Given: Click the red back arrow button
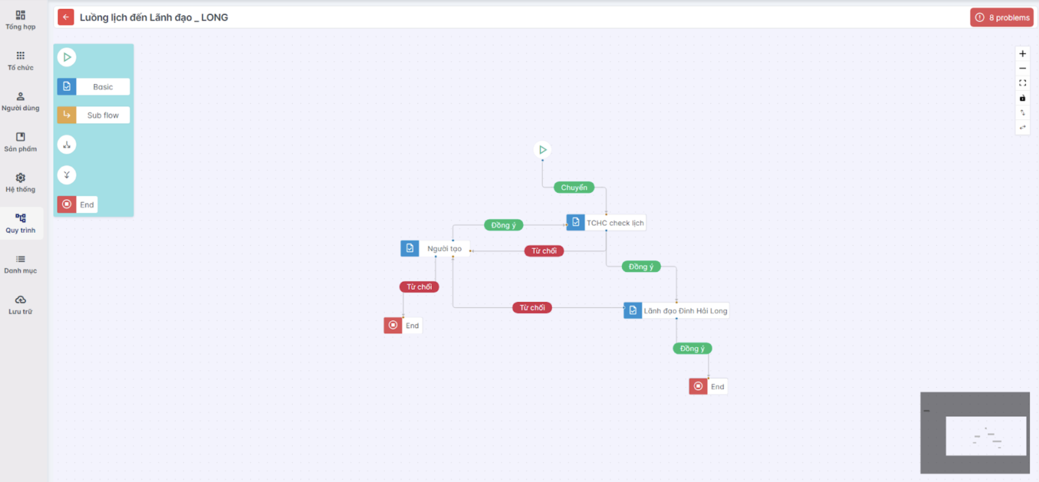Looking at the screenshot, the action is click(x=66, y=17).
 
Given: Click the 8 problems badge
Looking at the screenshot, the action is click(x=1002, y=17).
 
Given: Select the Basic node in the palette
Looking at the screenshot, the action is click(x=93, y=87).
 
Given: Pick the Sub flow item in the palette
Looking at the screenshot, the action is click(x=93, y=115).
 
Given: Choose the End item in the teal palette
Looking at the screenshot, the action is click(x=77, y=205).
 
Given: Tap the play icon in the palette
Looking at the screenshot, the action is click(x=67, y=57).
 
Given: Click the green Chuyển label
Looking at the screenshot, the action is click(x=574, y=187).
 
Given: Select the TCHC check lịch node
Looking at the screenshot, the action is click(x=606, y=223).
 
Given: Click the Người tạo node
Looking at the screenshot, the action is click(x=435, y=248).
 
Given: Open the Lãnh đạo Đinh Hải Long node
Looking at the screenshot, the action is click(x=676, y=310).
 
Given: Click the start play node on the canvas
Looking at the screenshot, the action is click(x=542, y=150).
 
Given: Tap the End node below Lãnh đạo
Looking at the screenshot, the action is click(x=708, y=386).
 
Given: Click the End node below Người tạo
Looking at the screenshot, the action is click(x=403, y=325).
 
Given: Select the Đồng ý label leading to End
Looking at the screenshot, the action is click(x=692, y=348).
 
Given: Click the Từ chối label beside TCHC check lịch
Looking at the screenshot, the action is click(x=544, y=251).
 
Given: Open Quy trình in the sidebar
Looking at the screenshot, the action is click(x=21, y=223).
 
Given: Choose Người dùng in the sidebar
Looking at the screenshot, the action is click(x=21, y=101).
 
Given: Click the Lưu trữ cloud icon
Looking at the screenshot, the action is click(x=20, y=300).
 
